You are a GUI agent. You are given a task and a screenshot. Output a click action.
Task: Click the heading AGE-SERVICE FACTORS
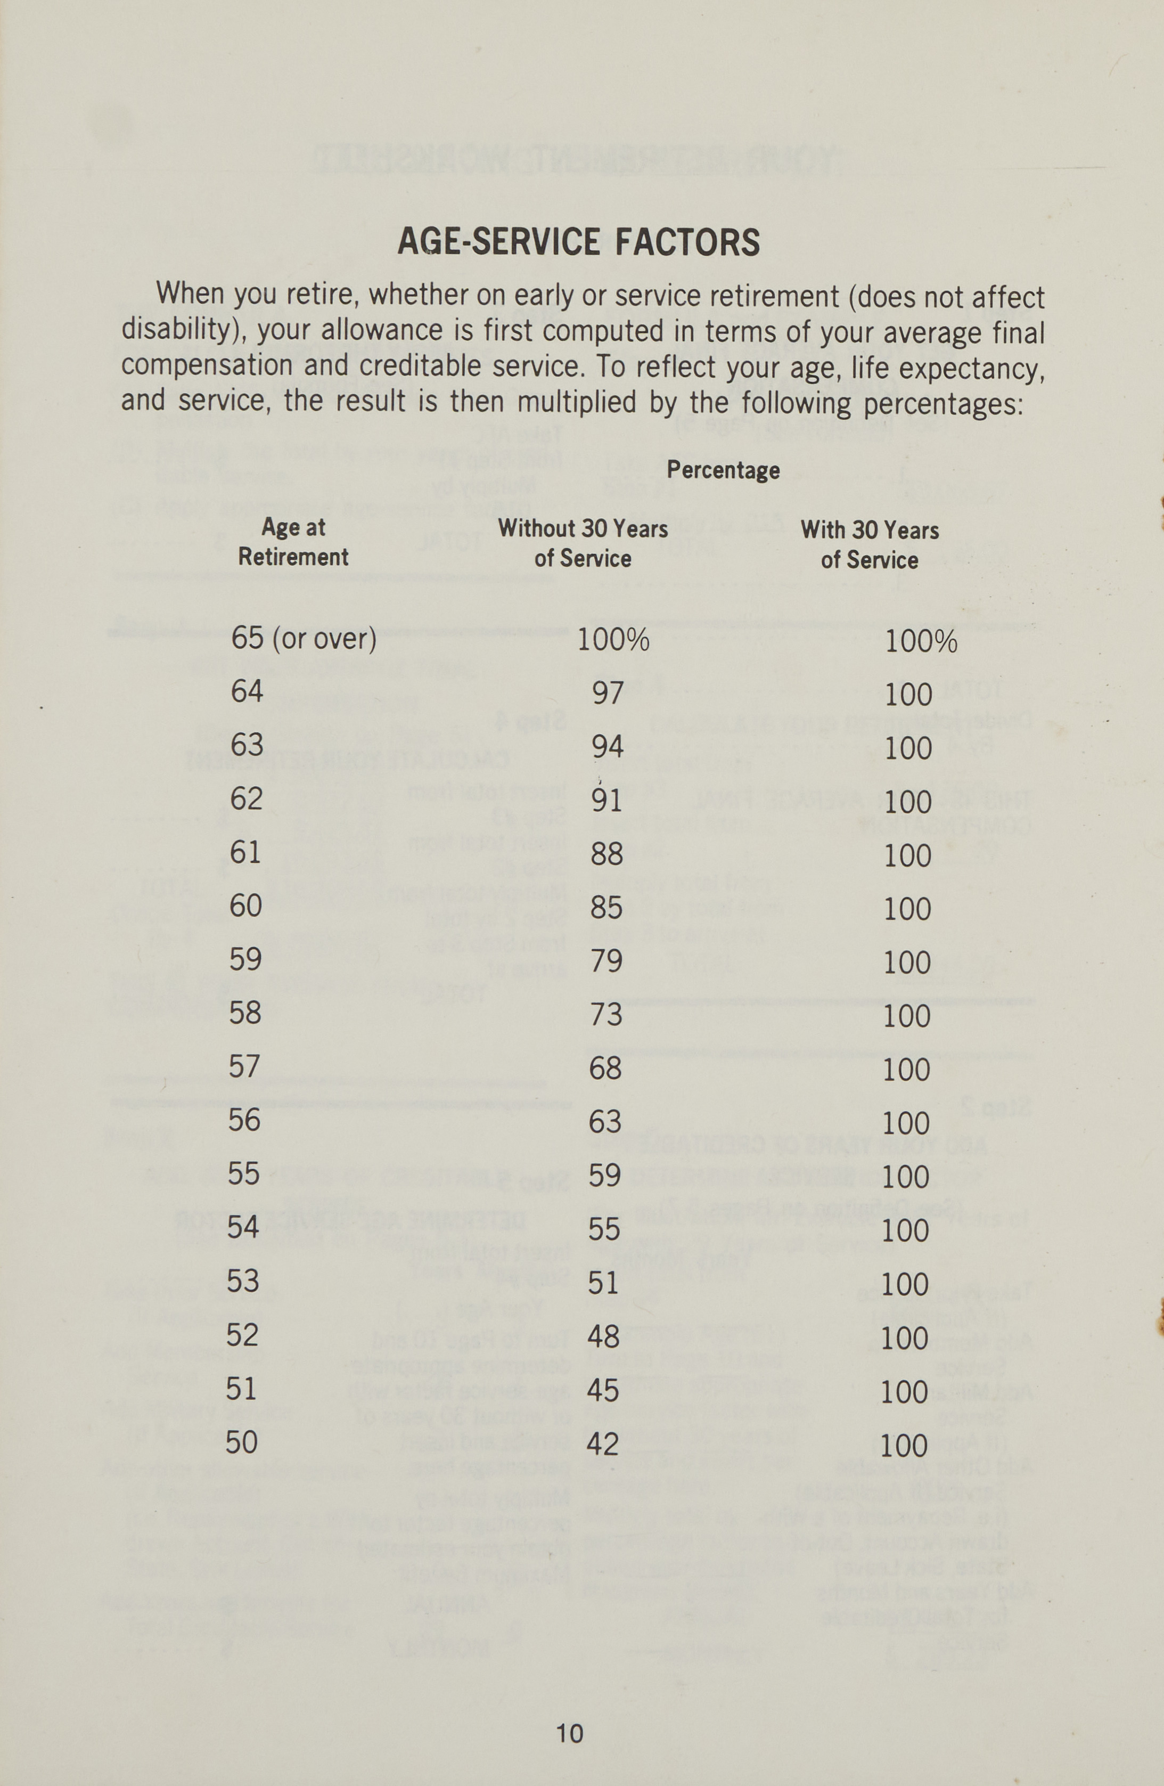[578, 242]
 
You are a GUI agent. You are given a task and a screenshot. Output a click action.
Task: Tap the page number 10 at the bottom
[569, 1733]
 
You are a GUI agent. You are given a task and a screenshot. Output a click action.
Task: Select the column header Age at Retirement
[293, 542]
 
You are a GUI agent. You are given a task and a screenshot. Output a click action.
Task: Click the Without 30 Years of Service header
[583, 543]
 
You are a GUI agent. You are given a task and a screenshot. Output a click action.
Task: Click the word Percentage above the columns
[723, 470]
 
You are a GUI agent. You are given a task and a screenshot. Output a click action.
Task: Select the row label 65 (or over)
[303, 639]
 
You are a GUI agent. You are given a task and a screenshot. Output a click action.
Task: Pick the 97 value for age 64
[608, 692]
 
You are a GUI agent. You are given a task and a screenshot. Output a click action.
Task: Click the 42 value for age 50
[603, 1445]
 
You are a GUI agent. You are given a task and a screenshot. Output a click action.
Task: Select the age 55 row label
[244, 1173]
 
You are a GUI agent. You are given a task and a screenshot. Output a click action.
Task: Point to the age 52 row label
[242, 1335]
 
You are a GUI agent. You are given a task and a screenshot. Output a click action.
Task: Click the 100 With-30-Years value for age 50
[904, 1446]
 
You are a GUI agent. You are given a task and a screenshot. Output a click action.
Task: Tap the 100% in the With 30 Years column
[921, 642]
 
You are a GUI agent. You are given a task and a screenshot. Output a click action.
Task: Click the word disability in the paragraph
[179, 330]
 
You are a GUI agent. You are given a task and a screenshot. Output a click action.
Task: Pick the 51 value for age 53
[604, 1283]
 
